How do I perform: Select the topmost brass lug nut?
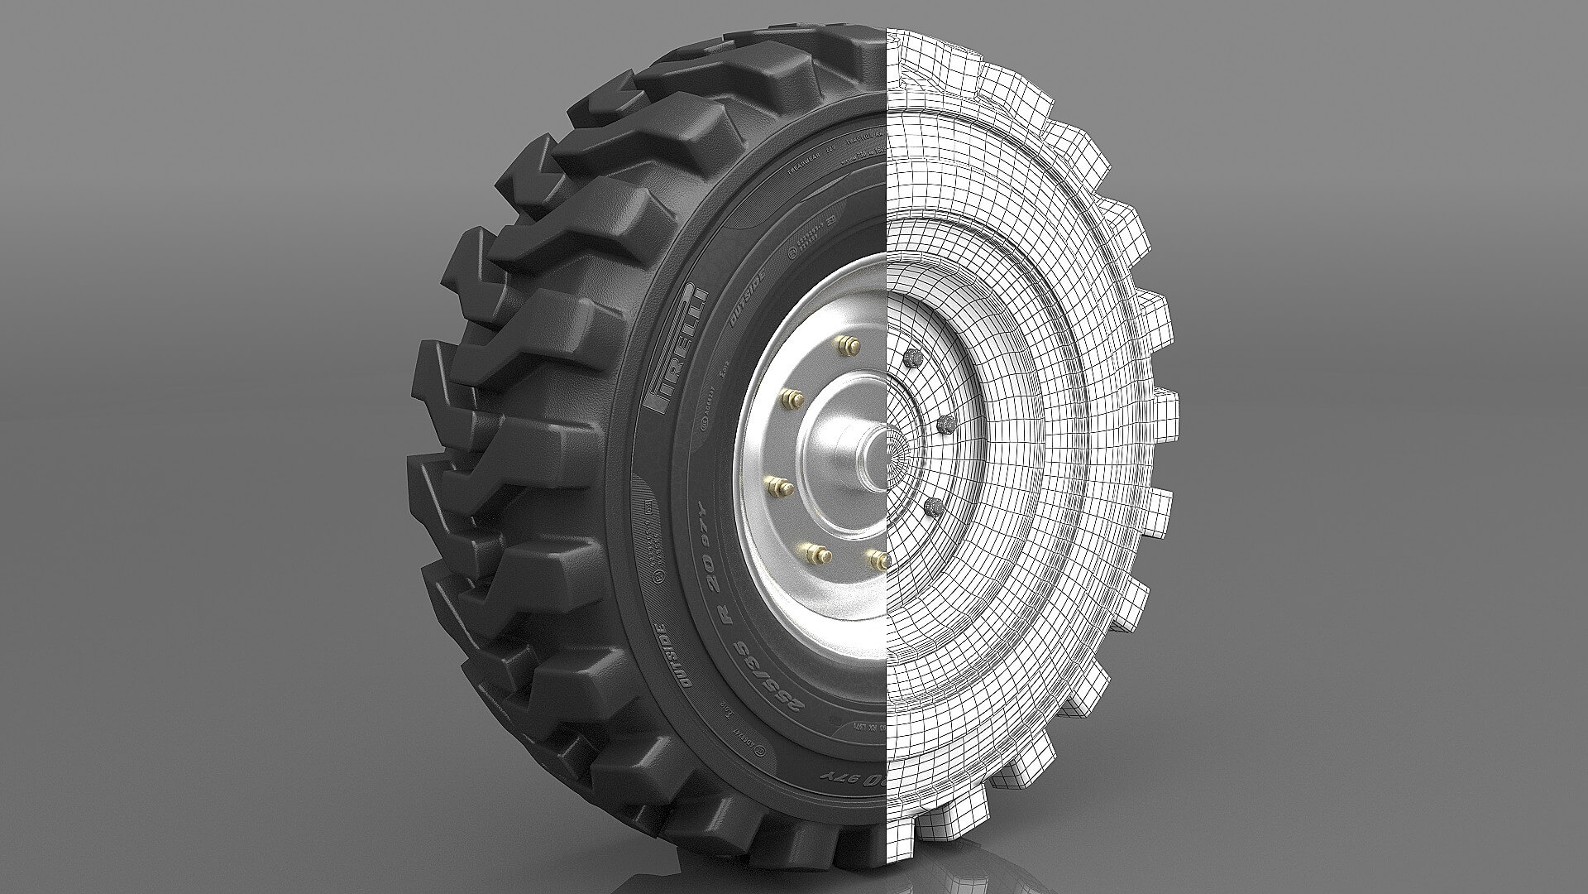tap(844, 344)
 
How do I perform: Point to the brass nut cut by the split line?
tap(877, 559)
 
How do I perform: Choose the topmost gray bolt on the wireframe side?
tap(912, 358)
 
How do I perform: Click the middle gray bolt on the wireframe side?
tap(944, 425)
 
